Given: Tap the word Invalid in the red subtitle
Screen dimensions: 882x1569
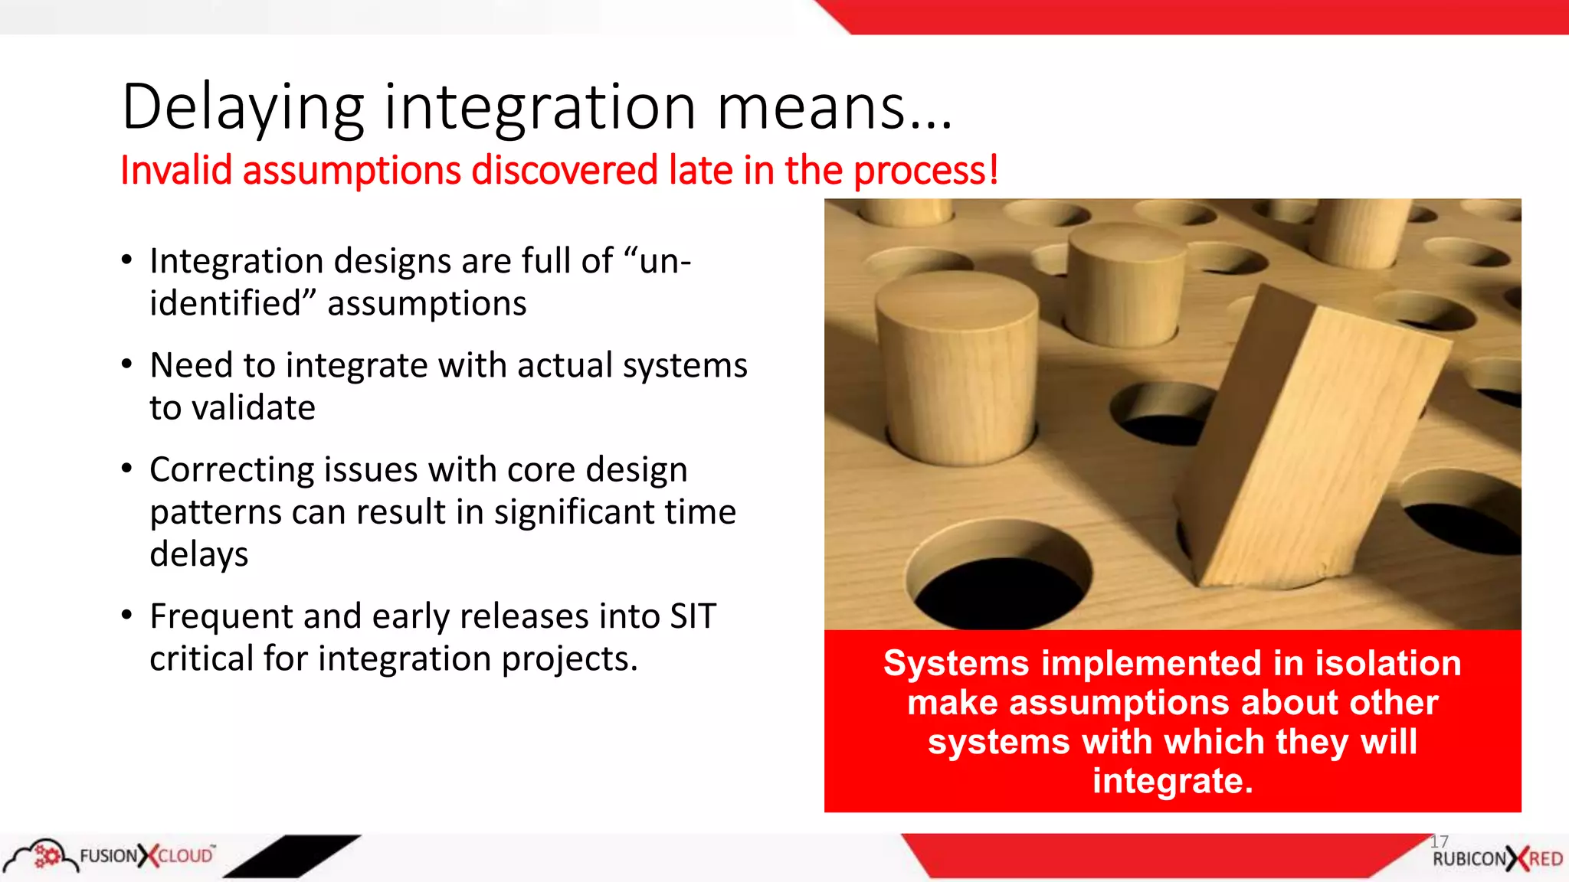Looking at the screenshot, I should tap(175, 170).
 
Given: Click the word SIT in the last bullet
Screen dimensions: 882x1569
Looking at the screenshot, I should tap(693, 616).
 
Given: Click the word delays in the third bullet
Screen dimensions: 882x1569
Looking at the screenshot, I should tap(198, 554).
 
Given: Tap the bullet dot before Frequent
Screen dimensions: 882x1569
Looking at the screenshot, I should tap(127, 615).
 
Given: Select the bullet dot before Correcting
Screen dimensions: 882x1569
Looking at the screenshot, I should tap(127, 468).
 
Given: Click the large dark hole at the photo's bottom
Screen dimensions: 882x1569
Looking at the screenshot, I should tap(1000, 590).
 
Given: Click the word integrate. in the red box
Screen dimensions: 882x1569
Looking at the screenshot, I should tap(1172, 781).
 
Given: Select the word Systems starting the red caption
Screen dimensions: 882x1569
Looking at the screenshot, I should tap(955, 663).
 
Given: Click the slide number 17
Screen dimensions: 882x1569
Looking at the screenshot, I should tap(1439, 841).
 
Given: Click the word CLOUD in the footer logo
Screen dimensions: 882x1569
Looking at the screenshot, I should tap(186, 856).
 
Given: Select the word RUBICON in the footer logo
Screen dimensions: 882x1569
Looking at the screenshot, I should tap(1469, 859).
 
